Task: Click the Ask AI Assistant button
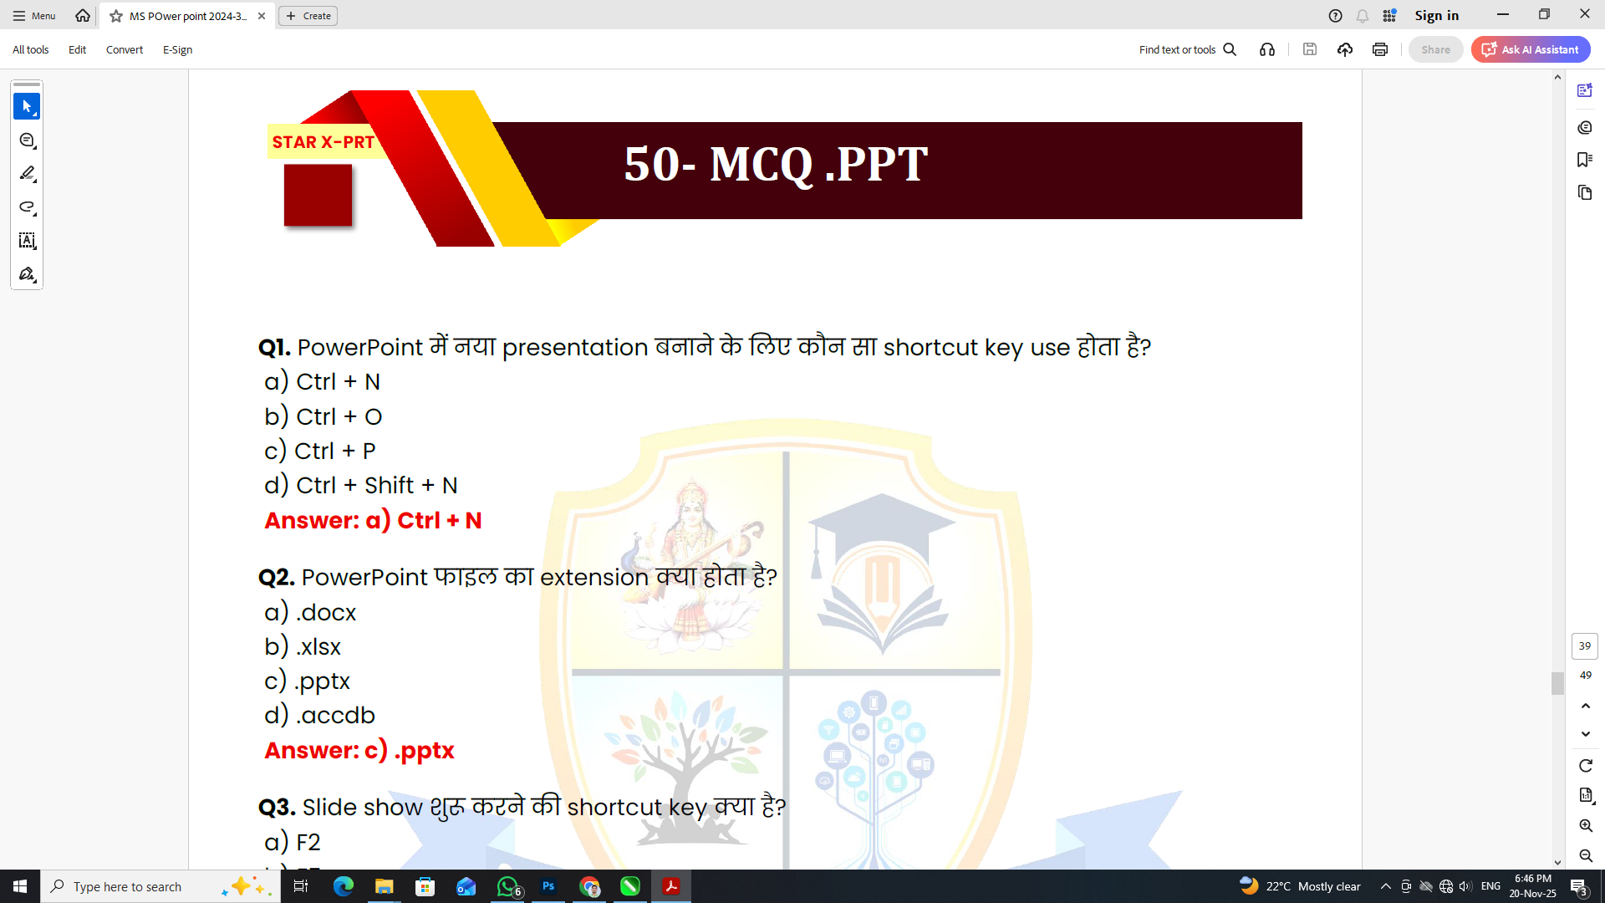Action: coord(1531,49)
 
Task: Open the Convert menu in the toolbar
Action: coord(124,50)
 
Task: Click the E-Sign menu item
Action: coord(177,50)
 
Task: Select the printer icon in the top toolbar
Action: coord(1379,49)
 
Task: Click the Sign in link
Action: coord(1436,15)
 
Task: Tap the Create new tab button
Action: coord(308,16)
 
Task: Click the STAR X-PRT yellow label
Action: coord(323,142)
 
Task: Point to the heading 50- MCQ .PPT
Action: coord(775,164)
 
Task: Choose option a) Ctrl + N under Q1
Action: coord(322,382)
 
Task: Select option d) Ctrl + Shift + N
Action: coord(360,486)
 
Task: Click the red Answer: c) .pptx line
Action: coord(359,751)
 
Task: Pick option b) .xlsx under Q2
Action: coord(303,647)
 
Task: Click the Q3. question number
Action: coord(277,808)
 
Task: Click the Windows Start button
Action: coord(20,886)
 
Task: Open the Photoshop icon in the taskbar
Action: coord(548,886)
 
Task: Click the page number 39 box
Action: coord(1584,646)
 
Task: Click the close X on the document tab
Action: coord(262,16)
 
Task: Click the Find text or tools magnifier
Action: coord(1230,49)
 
